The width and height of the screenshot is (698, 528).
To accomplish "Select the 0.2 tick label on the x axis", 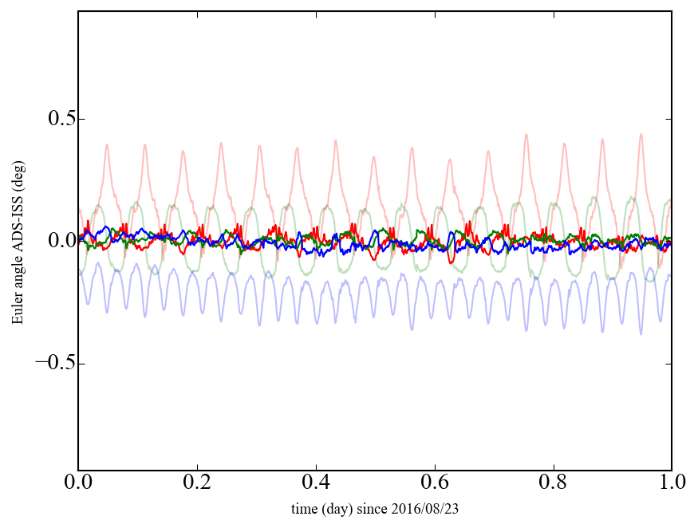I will point(197,484).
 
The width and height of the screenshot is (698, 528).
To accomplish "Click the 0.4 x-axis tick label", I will point(316,484).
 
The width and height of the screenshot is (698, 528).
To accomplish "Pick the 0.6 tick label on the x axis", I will point(435,484).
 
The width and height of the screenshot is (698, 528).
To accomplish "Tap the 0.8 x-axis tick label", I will point(553,484).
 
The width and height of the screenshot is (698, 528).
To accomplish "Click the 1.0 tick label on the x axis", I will point(671,484).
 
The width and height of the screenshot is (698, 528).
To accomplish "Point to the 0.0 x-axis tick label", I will point(79,484).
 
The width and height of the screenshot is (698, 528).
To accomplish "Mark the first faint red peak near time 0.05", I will point(107,144).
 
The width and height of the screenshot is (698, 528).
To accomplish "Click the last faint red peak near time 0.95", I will point(641,134).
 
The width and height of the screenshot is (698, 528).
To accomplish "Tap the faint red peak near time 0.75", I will point(526,134).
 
